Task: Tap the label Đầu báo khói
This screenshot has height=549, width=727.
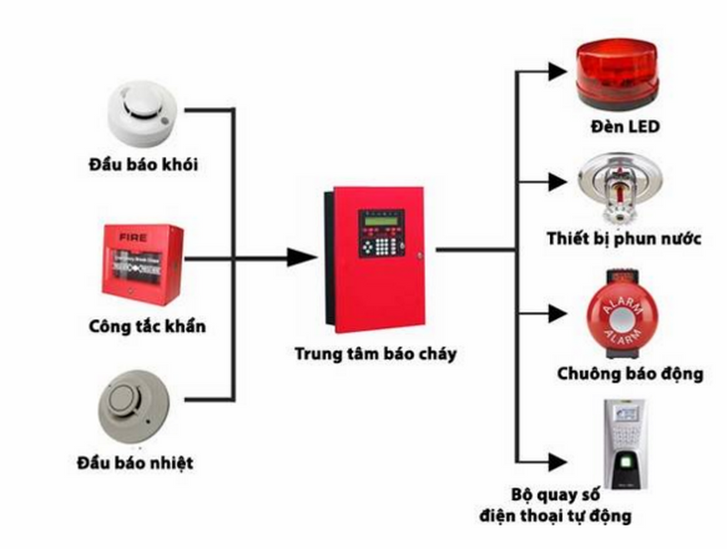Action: point(144,165)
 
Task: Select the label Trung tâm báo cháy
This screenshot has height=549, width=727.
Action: point(374,353)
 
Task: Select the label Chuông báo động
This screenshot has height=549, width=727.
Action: point(630,374)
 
